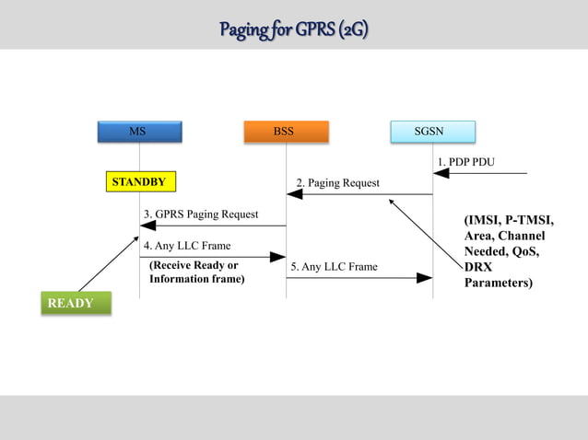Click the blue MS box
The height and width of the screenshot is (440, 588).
[x=138, y=132]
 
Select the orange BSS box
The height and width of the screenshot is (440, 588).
[x=285, y=132]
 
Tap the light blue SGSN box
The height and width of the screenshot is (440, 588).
[x=431, y=132]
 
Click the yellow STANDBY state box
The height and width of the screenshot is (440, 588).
[x=139, y=182]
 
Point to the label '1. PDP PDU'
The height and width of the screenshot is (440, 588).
[x=465, y=162]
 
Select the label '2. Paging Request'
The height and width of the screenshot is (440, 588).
[x=337, y=183]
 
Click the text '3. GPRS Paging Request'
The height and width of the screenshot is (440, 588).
[x=201, y=214]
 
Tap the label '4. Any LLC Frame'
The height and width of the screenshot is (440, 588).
[x=187, y=246]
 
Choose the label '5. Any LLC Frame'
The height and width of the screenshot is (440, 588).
[x=334, y=267]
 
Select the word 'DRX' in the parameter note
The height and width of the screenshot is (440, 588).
[x=478, y=267]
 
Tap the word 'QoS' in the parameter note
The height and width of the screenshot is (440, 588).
[x=523, y=251]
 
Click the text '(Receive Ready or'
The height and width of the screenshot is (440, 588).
[x=194, y=265]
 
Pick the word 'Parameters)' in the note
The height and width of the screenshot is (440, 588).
[x=498, y=283]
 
